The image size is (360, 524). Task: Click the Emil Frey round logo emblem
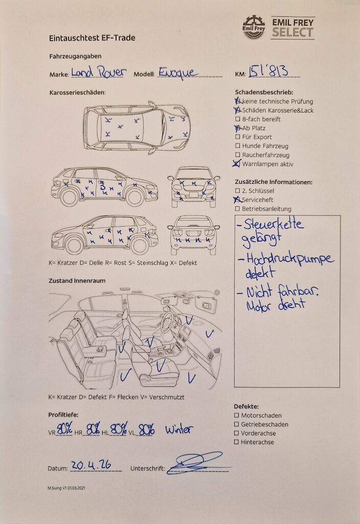tap(254, 27)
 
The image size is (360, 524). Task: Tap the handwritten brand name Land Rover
tap(99, 72)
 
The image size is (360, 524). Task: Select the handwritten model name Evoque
tap(178, 73)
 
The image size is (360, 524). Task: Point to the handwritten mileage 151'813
tap(268, 71)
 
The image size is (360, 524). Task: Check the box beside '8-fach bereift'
tap(238, 119)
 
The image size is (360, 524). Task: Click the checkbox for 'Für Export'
tap(238, 137)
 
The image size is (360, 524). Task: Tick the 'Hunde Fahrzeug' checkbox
tap(238, 146)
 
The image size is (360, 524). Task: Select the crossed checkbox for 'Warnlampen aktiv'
tap(237, 163)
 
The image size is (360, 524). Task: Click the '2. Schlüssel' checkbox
tap(237, 191)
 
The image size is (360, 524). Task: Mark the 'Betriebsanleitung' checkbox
tap(237, 209)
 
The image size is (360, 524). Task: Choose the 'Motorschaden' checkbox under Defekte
tap(236, 416)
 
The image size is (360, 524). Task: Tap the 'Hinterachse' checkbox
tap(236, 442)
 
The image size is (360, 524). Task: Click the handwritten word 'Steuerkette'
tap(274, 224)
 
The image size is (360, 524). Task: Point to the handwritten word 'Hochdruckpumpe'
tap(290, 259)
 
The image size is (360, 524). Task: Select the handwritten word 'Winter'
tap(179, 429)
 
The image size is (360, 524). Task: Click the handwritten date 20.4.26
tap(91, 465)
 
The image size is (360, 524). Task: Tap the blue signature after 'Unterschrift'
tap(197, 463)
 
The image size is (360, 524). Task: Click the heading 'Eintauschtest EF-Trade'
tap(92, 38)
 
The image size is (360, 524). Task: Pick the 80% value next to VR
tap(65, 429)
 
